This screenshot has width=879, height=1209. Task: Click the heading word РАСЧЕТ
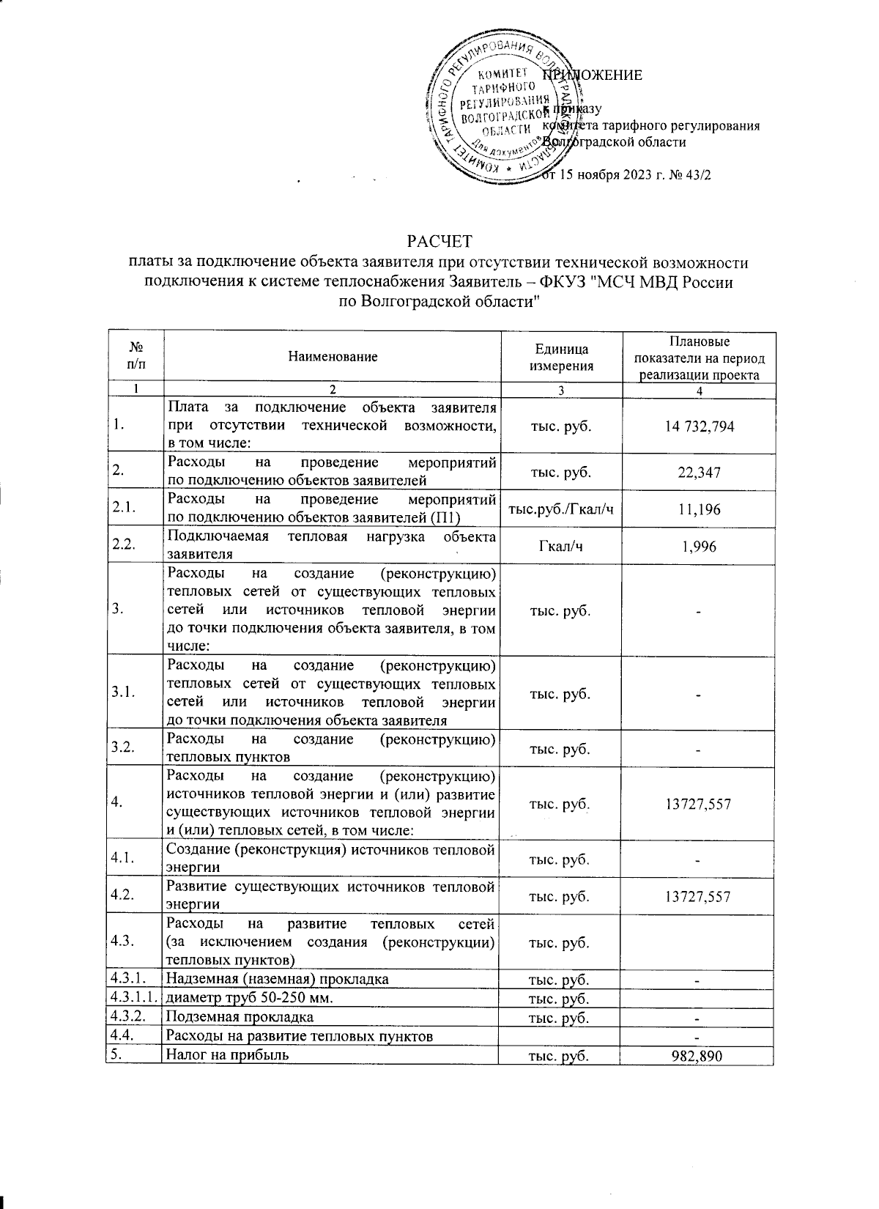coord(439,241)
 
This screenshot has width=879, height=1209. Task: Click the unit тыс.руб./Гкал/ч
coord(560,509)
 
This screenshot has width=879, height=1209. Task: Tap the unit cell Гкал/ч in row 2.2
coord(560,547)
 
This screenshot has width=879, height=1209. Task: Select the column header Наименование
coord(333,357)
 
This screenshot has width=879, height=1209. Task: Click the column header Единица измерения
coord(560,358)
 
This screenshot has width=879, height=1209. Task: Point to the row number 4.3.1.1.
coord(133,999)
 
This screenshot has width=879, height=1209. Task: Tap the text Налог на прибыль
coord(228,1056)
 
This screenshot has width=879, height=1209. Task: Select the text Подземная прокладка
coord(240,1018)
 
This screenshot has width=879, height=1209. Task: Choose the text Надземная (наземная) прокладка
coord(278,980)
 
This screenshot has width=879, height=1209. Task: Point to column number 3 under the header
coord(560,391)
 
